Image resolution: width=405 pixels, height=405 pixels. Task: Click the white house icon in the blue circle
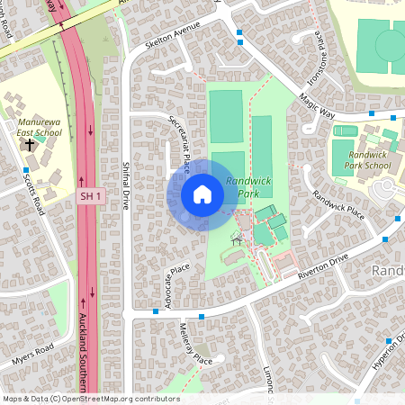click(x=202, y=193)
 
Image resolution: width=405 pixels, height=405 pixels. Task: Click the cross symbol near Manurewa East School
click(x=30, y=144)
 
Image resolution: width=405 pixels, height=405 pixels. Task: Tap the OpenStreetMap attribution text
click(x=91, y=399)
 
